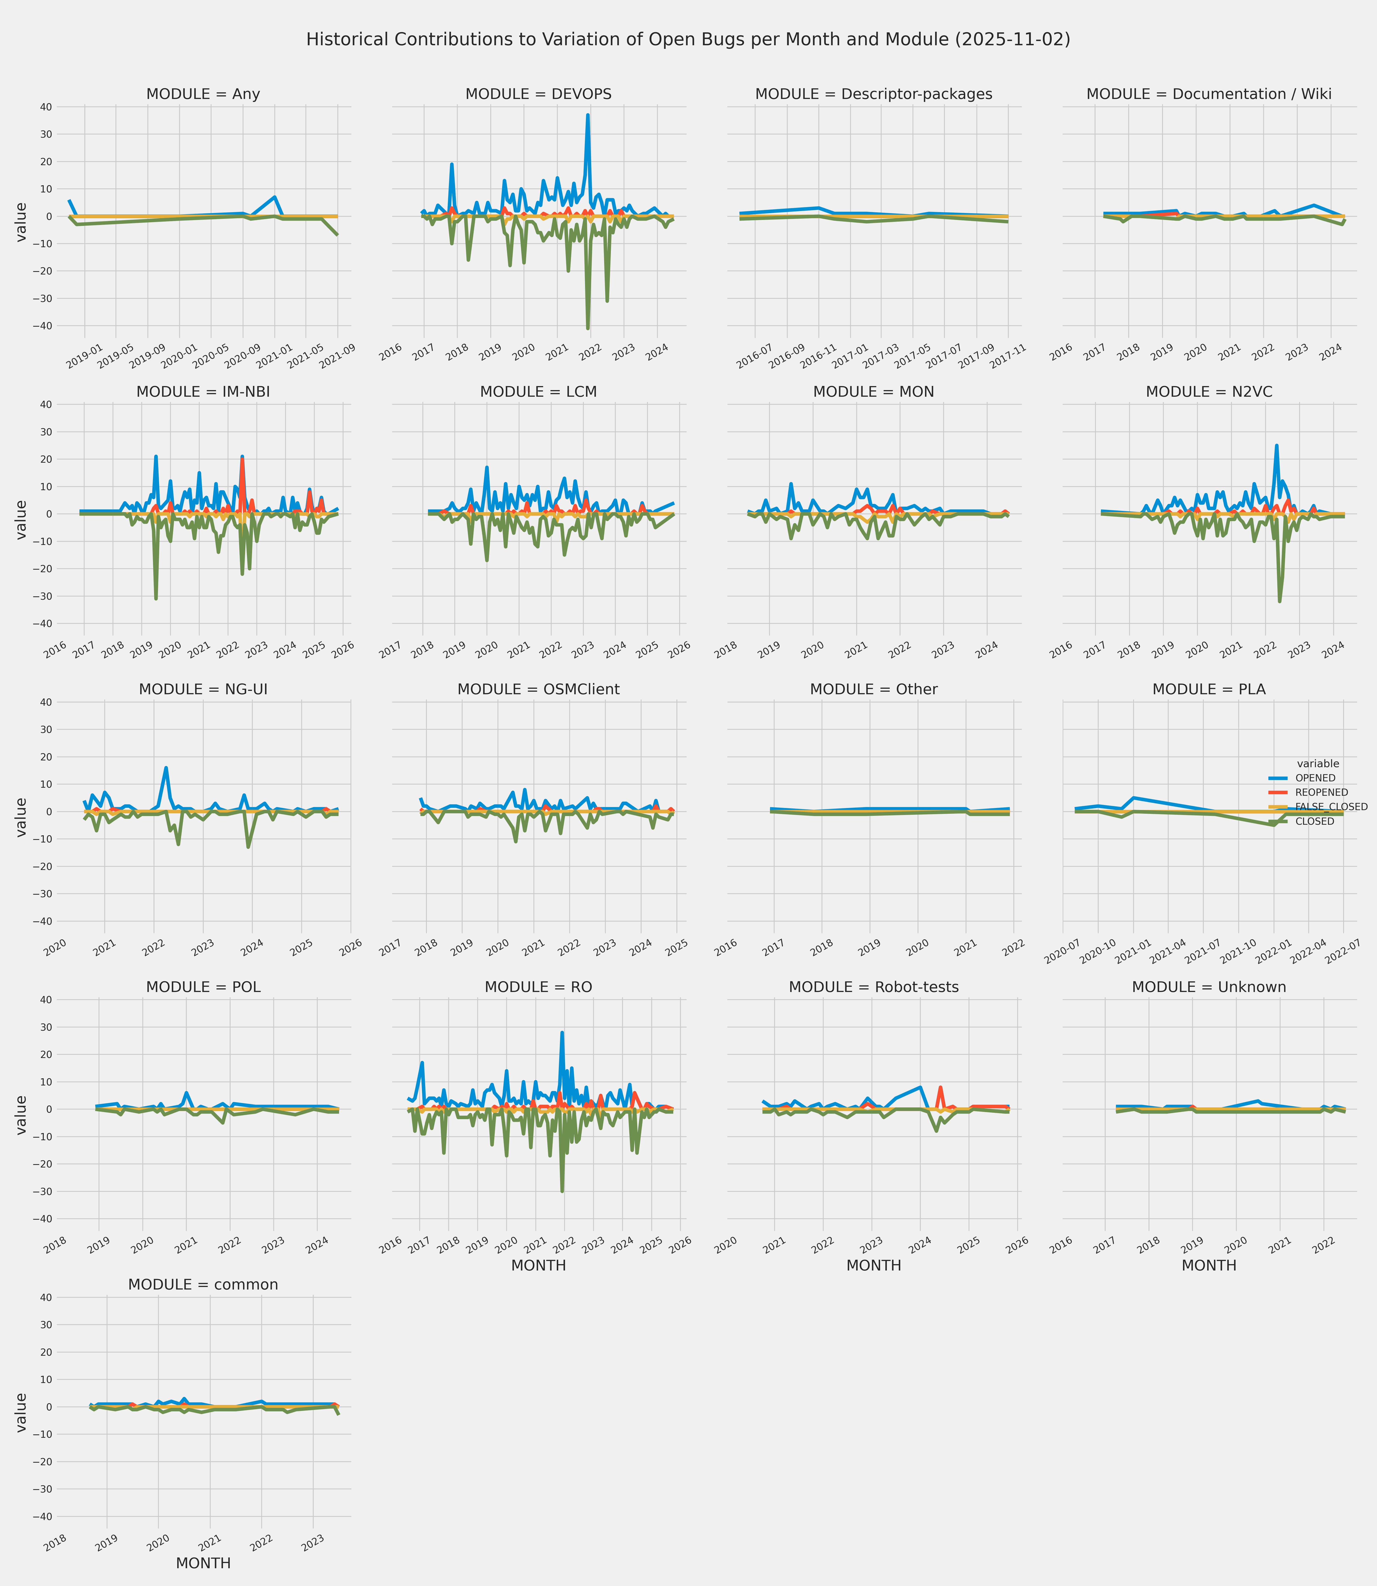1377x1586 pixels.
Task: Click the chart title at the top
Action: pos(688,39)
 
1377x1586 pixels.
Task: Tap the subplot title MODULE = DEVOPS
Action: pos(538,95)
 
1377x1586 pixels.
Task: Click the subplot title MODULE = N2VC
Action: pos(1209,392)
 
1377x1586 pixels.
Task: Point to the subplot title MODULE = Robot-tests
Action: pos(874,987)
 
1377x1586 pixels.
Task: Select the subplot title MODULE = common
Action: pos(203,1285)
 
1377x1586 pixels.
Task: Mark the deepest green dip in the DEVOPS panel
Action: pos(588,328)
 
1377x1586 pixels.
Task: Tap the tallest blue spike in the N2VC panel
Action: pos(1276,446)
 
